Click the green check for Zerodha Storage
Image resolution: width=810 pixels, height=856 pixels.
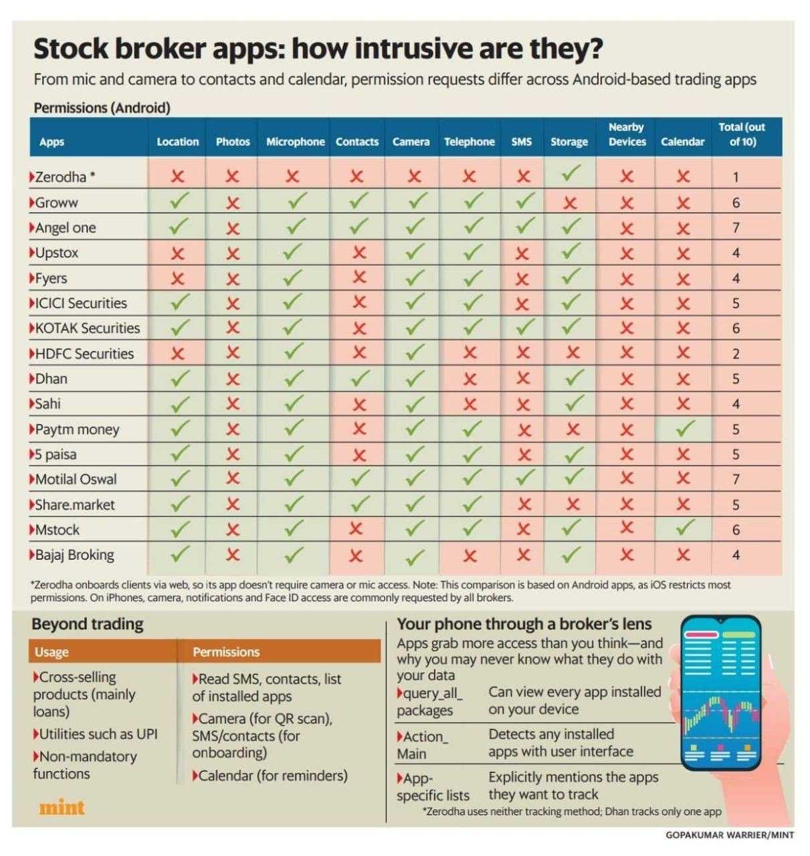(570, 173)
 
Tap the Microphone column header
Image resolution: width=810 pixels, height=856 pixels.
(295, 142)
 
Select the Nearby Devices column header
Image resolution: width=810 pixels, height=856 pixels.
(627, 134)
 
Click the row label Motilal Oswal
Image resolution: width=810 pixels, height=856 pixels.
(76, 479)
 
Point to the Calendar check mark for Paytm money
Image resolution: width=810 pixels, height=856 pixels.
(684, 428)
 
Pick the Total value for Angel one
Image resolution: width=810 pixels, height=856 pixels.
(736, 228)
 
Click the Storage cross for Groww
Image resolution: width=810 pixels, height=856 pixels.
(570, 203)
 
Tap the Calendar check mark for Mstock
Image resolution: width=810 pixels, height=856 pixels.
(684, 528)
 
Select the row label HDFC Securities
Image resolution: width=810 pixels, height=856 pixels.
(84, 354)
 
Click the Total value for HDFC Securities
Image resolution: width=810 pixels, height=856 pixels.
(736, 354)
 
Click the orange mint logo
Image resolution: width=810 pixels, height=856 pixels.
(62, 808)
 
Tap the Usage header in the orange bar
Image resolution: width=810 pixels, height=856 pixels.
(52, 652)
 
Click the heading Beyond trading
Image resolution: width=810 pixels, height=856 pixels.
(88, 624)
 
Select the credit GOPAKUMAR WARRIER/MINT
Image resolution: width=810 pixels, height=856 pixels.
(730, 835)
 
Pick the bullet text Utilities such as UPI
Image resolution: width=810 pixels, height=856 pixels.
(98, 734)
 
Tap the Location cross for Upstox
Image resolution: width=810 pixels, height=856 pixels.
(177, 253)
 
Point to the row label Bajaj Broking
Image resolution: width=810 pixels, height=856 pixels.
(74, 554)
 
